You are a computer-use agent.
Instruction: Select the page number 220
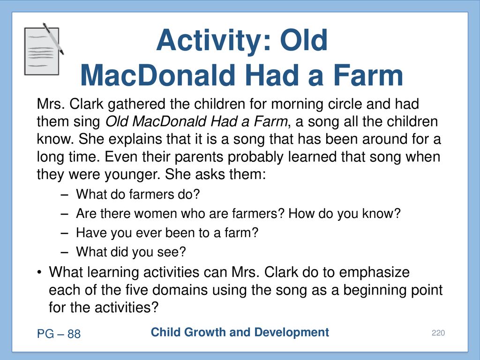[438, 333]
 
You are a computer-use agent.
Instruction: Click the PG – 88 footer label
[59, 334]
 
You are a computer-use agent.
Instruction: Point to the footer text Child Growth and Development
[240, 332]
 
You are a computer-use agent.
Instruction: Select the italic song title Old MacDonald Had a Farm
[196, 121]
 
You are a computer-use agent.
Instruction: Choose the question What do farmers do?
[138, 195]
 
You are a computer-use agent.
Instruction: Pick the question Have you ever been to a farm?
[167, 233]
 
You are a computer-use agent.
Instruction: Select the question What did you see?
[131, 252]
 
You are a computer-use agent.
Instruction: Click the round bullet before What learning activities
[39, 272]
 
